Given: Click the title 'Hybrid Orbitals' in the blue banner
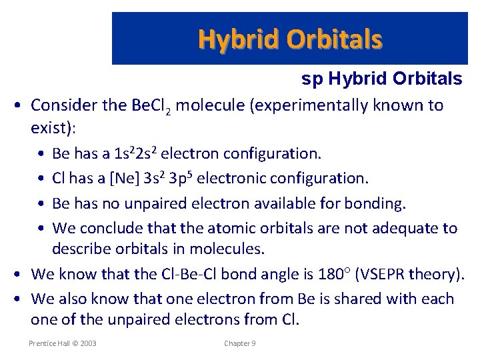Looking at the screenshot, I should (x=290, y=39).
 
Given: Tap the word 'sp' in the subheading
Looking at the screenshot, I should (x=311, y=79).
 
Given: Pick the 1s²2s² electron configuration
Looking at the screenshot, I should (x=137, y=154).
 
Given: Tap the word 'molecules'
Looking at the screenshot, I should (x=231, y=249).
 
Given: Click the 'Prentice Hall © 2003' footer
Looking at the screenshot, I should (x=62, y=343).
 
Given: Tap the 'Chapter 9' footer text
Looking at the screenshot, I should (x=240, y=343).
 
